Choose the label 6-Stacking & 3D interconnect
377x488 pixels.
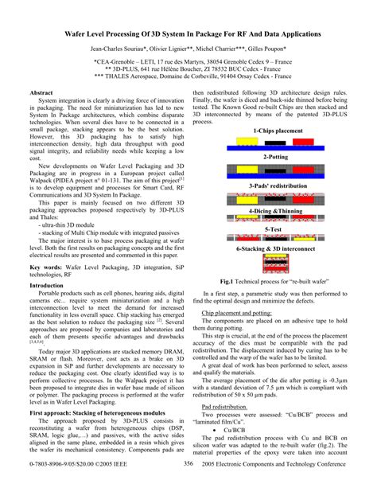pos(276,248)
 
